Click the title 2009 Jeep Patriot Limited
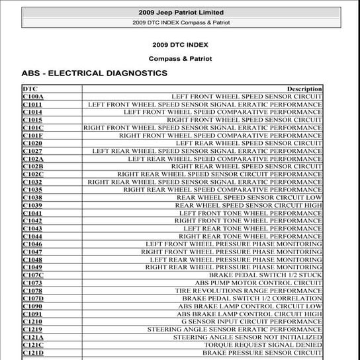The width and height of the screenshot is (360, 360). tap(180, 13)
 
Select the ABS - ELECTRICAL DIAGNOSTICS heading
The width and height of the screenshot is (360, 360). tap(95, 73)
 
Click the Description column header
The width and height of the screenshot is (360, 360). tap(304, 89)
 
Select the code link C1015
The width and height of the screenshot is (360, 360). tap(32, 120)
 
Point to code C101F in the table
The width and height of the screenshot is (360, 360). tap(33, 136)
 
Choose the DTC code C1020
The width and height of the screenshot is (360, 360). tap(32, 143)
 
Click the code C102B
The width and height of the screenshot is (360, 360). tap(33, 166)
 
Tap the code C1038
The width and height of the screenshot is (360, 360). tap(32, 197)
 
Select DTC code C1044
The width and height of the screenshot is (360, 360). tap(32, 236)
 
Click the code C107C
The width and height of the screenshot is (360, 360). tap(33, 275)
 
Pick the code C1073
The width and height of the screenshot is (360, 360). tap(32, 283)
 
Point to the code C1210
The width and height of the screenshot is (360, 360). tap(32, 321)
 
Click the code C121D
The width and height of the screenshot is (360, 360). tap(33, 352)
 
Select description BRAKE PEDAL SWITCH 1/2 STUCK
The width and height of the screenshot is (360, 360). tap(265, 275)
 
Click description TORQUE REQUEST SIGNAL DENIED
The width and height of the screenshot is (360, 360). tap(263, 345)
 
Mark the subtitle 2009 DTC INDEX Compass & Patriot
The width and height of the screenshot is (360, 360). tap(180, 22)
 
